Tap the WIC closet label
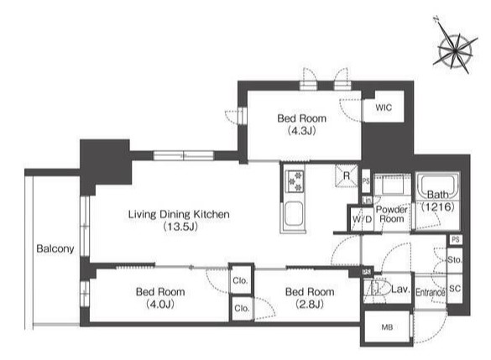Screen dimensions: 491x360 (384, 107)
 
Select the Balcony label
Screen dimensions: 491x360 (55, 248)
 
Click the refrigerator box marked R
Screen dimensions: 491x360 (347, 175)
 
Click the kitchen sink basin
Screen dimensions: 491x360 (293, 213)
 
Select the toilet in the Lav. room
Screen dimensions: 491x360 (377, 288)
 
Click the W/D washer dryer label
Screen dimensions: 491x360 (362, 219)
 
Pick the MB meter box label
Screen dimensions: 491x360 (387, 327)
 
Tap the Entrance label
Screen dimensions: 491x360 (430, 292)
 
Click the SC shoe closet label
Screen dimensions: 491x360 (455, 289)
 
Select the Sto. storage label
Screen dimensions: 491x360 (454, 260)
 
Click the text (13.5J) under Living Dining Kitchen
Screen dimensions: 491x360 (180, 227)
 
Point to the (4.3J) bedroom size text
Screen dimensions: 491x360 (301, 131)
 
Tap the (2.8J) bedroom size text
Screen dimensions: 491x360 (310, 304)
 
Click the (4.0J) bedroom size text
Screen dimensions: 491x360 (160, 304)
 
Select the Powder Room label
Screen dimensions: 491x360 (391, 214)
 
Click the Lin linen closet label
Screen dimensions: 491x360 (367, 201)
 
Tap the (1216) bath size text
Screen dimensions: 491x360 (437, 206)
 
